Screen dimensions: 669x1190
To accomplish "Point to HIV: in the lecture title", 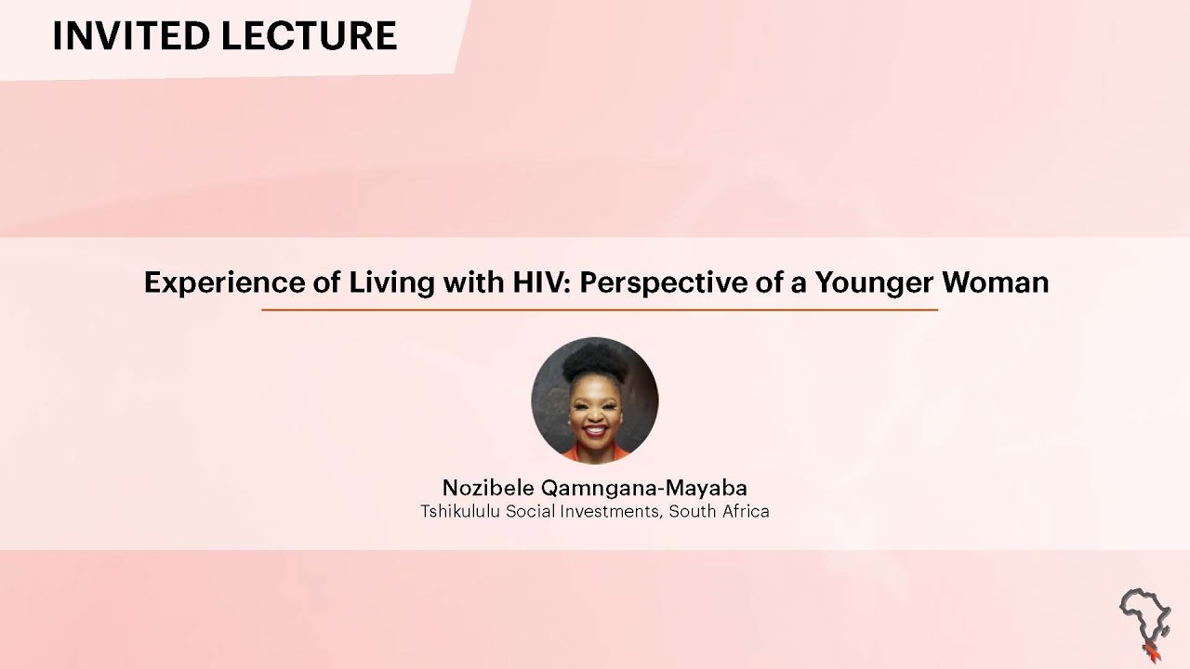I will pos(540,282).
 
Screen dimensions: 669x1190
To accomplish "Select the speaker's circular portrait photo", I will pos(595,400).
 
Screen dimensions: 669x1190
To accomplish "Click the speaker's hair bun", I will pos(595,358).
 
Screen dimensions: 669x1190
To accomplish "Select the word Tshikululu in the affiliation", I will pos(460,511).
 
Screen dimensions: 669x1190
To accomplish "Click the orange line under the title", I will pos(600,309).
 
